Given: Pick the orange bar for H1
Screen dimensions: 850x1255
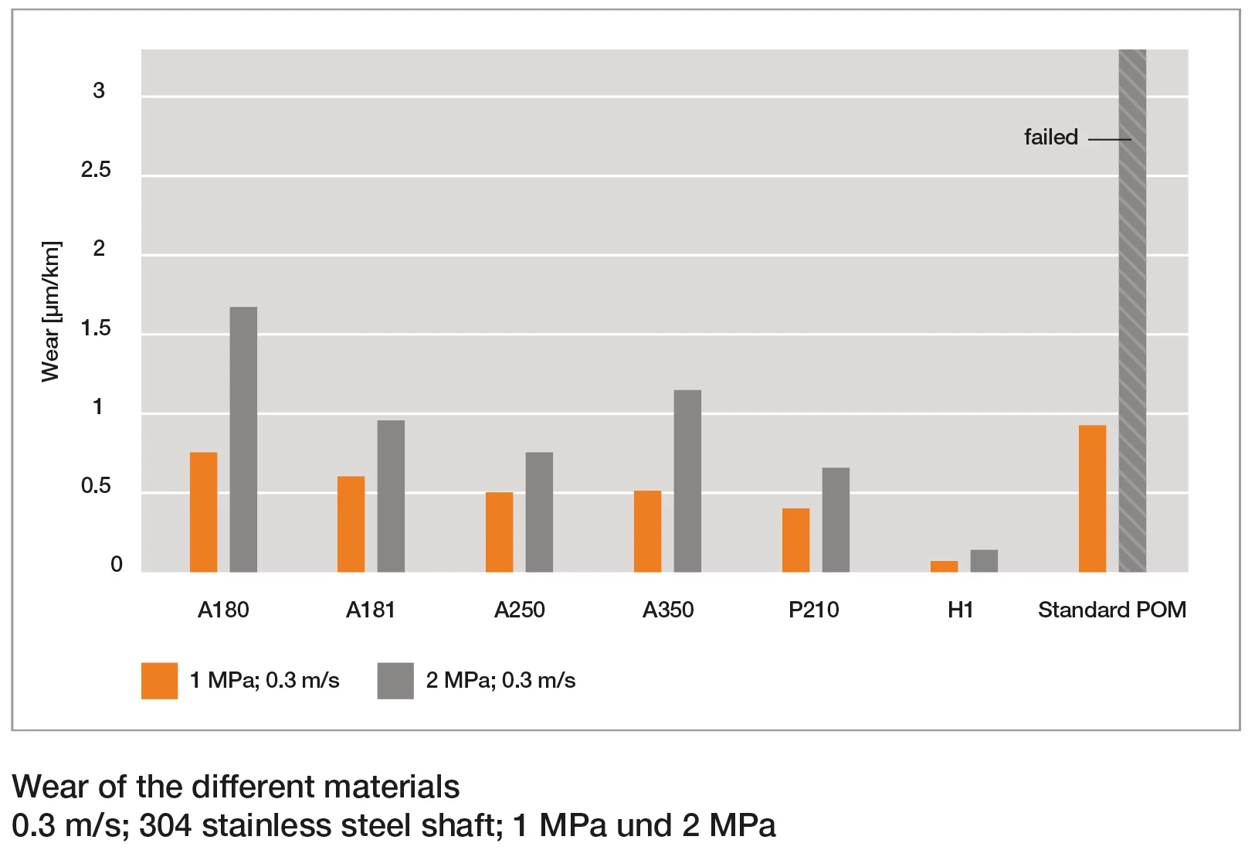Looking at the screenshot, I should tap(944, 566).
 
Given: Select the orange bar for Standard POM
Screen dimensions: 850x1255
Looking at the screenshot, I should tap(1092, 498).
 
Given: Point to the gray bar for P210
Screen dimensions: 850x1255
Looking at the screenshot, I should tap(836, 519).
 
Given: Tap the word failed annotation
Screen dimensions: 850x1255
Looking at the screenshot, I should tap(1050, 138).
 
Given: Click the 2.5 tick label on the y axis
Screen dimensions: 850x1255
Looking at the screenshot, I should tap(96, 170).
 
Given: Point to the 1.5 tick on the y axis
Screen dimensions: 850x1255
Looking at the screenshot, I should tap(96, 328).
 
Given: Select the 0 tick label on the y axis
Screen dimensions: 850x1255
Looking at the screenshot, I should tap(117, 564).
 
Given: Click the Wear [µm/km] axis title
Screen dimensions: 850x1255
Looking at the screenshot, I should tap(51, 311).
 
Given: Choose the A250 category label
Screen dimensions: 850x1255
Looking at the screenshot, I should tap(519, 610).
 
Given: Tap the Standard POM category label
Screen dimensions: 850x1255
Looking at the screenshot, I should tap(1111, 610).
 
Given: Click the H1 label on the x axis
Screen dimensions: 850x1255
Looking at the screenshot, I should tap(960, 610).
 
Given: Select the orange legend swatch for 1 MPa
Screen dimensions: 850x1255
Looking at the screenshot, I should tap(159, 681).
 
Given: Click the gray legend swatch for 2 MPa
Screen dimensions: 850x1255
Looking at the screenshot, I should tap(395, 681).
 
